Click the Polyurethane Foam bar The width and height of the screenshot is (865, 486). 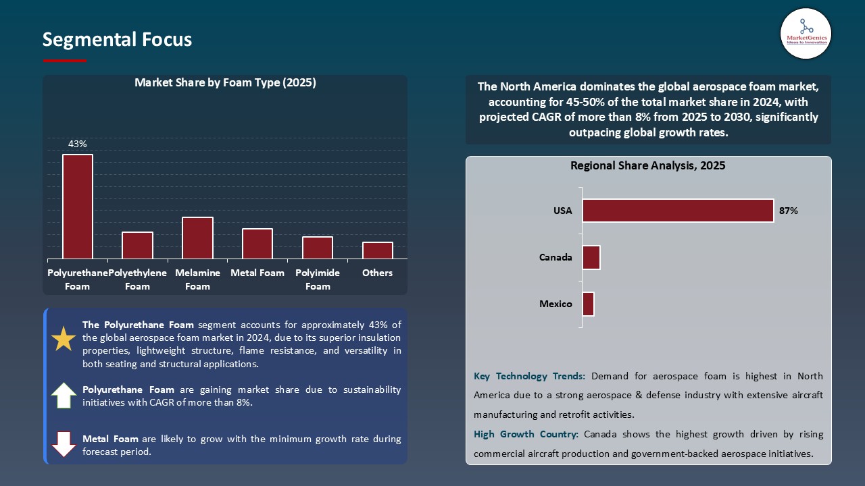point(78,207)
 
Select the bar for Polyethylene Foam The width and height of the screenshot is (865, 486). point(137,245)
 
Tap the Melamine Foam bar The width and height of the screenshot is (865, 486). point(197,238)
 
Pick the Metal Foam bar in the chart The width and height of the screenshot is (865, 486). point(257,244)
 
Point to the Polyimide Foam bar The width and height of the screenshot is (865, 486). point(318,248)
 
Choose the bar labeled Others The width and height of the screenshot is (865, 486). point(377,250)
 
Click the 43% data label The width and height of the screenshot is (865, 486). point(77,144)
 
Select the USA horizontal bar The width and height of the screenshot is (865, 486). point(678,211)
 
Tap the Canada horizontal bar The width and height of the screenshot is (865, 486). point(591,257)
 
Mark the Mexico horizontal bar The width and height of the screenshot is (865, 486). point(588,304)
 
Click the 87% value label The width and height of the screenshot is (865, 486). point(788,211)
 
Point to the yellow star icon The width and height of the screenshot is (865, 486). point(64,339)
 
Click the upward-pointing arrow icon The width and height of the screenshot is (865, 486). point(64,396)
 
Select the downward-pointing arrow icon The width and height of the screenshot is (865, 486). point(64,444)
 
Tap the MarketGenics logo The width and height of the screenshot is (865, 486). point(806,33)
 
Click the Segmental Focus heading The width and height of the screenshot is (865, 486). point(117,40)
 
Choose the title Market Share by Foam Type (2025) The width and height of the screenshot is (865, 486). point(225,83)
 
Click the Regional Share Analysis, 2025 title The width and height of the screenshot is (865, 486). point(647,165)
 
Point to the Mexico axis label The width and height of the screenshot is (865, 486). point(555,304)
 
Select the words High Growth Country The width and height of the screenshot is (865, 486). point(526,434)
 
